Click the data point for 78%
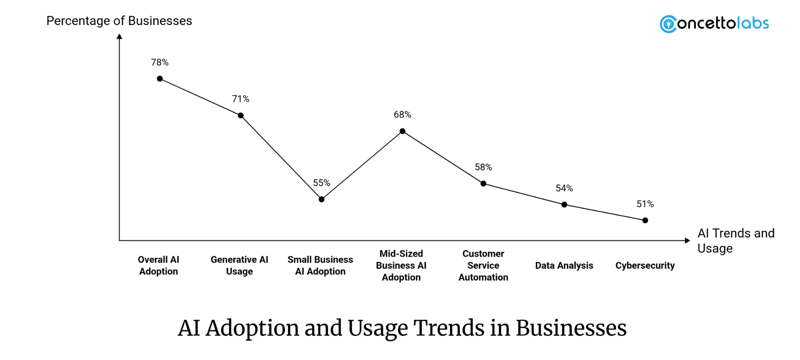160,79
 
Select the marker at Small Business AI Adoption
322,199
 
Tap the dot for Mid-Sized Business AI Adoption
402,131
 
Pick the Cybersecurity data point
645,220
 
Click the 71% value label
240,99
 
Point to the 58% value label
483,167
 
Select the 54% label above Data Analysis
564,188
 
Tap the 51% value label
645,204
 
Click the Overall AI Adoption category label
159,265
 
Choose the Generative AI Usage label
240,265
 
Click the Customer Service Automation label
483,265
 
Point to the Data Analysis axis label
564,265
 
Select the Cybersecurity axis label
645,265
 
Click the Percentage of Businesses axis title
119,21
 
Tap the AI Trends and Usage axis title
735,240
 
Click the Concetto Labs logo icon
668,24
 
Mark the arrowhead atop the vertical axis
120,37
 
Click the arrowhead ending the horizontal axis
687,240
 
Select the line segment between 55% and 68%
362,165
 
